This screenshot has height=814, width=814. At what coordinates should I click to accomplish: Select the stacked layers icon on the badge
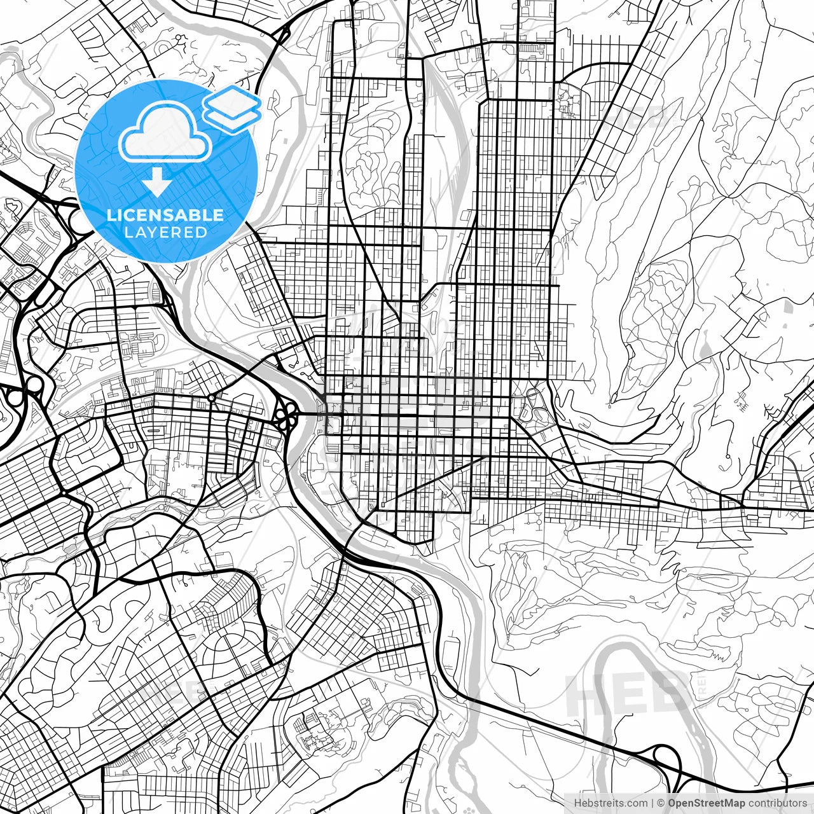click(232, 109)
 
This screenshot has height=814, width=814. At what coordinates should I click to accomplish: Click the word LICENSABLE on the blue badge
click(165, 215)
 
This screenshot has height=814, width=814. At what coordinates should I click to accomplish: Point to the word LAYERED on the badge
click(165, 232)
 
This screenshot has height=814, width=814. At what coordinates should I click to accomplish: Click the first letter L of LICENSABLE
click(111, 215)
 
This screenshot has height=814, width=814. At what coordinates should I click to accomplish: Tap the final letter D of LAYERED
click(202, 232)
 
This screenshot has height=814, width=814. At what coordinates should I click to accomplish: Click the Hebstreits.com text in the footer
click(611, 803)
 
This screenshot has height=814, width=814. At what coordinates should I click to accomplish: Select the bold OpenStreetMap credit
click(706, 803)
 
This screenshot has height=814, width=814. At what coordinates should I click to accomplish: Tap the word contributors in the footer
click(777, 803)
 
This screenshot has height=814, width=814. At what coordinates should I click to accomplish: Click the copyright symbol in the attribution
click(661, 803)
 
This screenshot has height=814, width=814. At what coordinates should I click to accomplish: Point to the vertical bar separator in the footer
click(653, 803)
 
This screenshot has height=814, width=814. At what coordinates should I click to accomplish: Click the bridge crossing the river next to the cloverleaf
click(312, 413)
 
